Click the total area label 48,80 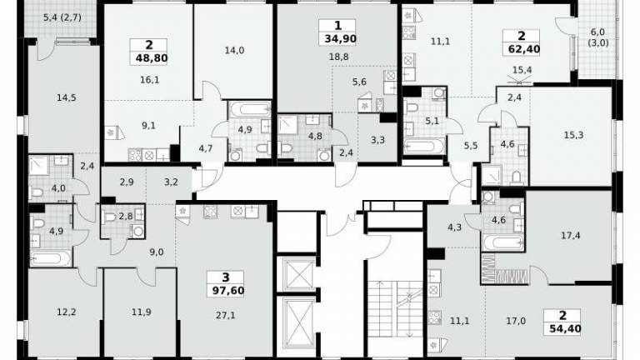[152, 58]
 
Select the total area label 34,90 [340, 39]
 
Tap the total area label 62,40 [523, 49]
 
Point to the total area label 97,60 [227, 291]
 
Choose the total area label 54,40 [565, 328]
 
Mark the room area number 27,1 [225, 315]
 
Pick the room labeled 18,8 [339, 57]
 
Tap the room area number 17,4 [571, 236]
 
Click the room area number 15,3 [573, 135]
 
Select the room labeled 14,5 [67, 98]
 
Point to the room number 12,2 [66, 312]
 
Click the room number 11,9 [142, 312]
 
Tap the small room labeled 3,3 [377, 140]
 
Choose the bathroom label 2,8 [126, 217]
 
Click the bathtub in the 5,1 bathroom [424, 146]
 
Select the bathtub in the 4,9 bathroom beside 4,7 [250, 109]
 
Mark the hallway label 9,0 [157, 252]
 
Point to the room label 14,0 [234, 50]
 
